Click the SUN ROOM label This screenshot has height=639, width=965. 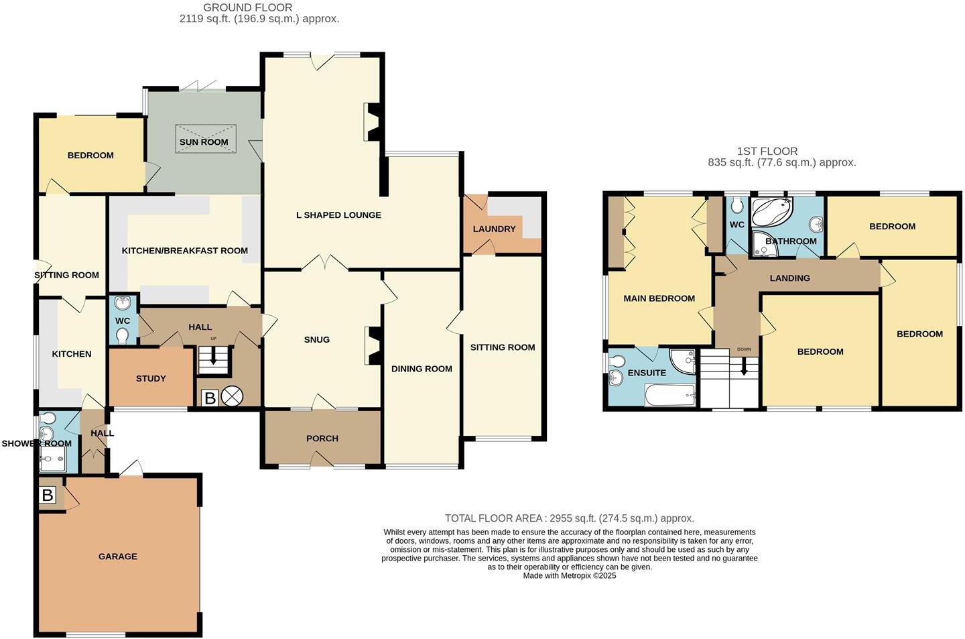click(x=204, y=142)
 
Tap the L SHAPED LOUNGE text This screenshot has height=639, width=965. click(x=338, y=215)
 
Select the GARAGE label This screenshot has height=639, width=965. click(x=118, y=557)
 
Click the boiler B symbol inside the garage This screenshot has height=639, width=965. click(x=48, y=496)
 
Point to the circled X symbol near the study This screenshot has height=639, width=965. click(x=232, y=397)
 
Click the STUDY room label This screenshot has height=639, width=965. click(x=151, y=378)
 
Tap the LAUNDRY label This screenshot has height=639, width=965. click(x=494, y=229)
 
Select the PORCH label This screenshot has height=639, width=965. click(x=322, y=439)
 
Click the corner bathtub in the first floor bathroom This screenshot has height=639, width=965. click(x=771, y=212)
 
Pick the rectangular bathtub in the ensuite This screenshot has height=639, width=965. click(x=669, y=395)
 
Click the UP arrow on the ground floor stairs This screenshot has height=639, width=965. click(x=214, y=357)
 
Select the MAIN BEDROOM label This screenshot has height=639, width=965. click(x=659, y=298)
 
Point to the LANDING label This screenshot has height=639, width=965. click(x=789, y=278)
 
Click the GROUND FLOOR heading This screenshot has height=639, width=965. click(x=248, y=7)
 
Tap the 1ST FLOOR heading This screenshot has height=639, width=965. click(x=767, y=152)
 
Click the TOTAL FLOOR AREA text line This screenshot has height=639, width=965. click(x=569, y=518)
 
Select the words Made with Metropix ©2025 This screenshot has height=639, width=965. click(x=569, y=575)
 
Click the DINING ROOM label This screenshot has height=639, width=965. click(x=422, y=369)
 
